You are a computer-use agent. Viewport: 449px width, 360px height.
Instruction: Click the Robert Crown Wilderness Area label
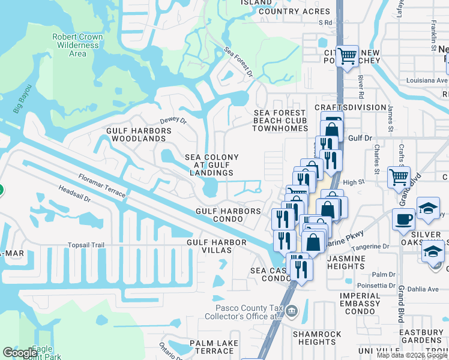tap(77, 45)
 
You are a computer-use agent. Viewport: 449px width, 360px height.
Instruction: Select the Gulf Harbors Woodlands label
tap(139, 134)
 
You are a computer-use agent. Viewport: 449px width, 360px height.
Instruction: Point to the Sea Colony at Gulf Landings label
tap(211, 165)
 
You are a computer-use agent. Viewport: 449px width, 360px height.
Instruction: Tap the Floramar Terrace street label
tap(102, 185)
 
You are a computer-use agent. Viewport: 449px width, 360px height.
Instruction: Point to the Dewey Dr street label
tap(174, 121)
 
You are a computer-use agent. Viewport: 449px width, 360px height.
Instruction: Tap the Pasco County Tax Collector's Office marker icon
tap(292, 310)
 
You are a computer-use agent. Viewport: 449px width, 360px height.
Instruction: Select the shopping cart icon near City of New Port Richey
tap(347, 57)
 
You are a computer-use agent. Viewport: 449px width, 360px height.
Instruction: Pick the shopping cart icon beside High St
tap(399, 176)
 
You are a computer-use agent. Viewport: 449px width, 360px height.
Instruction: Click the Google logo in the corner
tap(20, 353)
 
